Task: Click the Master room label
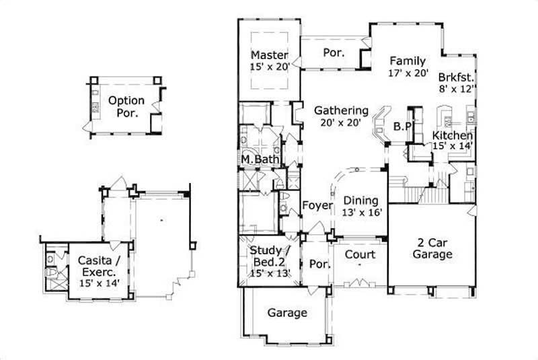coord(270,55)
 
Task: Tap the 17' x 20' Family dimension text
coord(408,73)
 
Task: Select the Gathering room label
coord(342,110)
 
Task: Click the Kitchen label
coord(453,135)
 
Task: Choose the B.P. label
coord(402,125)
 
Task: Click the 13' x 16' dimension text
coord(362,212)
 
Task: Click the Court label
coord(360,255)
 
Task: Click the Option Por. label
coord(126,107)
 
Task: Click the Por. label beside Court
coord(320,264)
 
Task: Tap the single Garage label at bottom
coord(287,313)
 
